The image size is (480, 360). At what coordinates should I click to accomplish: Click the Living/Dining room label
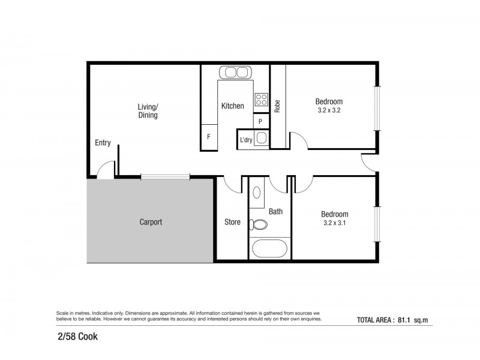148,111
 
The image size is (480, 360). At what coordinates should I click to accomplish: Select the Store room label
232,222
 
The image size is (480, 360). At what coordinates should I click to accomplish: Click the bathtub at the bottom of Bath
270,248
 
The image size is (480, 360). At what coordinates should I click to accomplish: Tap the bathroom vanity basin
257,193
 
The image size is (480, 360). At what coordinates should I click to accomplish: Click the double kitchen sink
235,73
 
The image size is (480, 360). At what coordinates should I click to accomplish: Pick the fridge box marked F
208,137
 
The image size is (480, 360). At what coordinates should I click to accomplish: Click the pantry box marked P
260,121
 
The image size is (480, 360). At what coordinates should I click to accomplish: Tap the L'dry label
246,140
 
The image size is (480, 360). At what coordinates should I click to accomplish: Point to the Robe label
277,106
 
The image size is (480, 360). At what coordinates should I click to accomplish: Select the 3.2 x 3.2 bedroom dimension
331,110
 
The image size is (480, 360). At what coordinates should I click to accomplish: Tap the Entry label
103,143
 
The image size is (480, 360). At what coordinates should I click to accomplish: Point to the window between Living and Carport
166,176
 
